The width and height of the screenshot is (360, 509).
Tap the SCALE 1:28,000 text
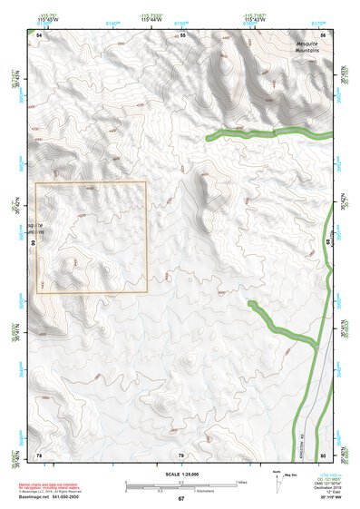[180, 475]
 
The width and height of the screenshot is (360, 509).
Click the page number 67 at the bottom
[180, 499]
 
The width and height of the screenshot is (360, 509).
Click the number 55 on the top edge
[182, 34]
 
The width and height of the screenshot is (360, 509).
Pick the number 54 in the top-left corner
[39, 34]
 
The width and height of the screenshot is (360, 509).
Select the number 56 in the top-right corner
[323, 34]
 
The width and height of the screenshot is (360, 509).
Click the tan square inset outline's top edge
[91, 182]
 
